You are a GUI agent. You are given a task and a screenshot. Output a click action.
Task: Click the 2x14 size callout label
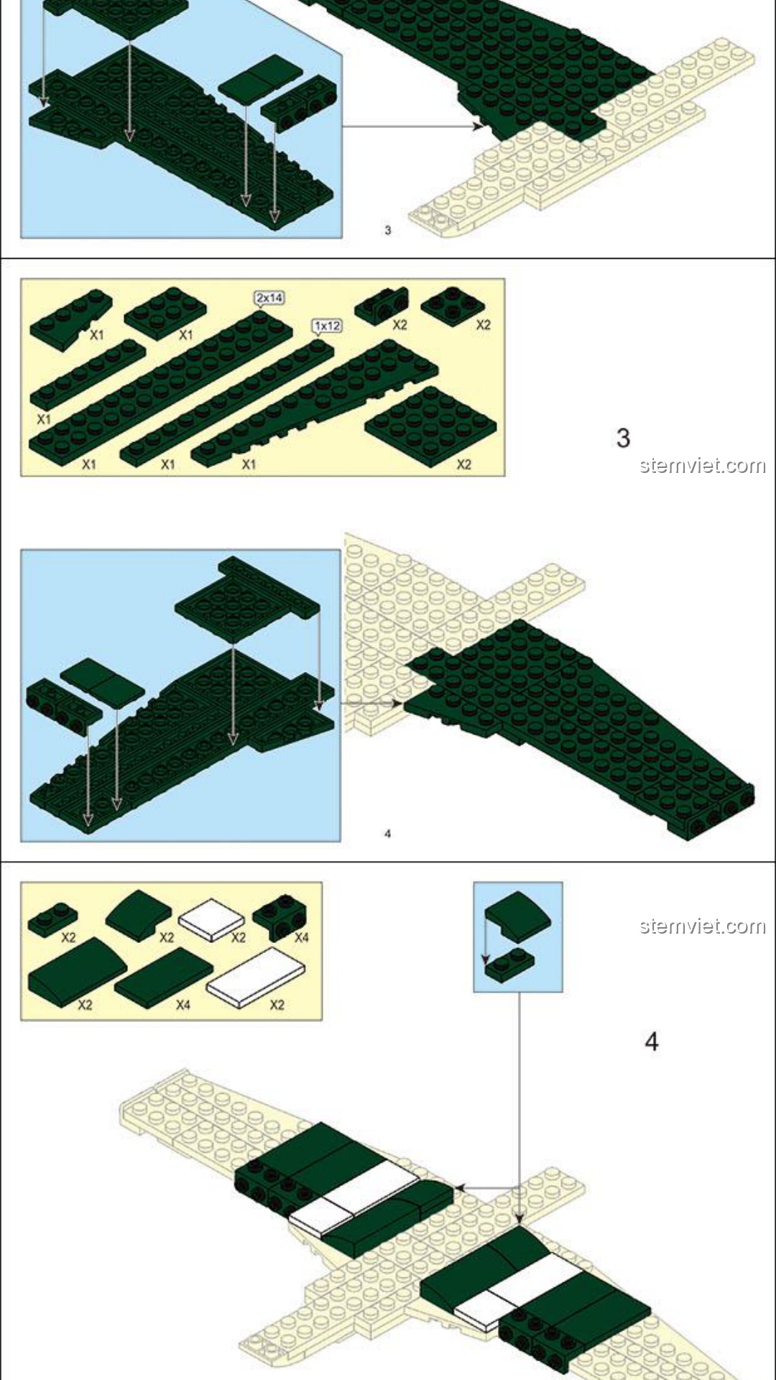269,297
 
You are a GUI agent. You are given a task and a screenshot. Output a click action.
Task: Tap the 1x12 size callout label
327,326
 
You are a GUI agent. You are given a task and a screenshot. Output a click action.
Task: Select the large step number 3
623,438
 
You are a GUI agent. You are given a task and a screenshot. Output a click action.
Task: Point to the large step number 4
652,1041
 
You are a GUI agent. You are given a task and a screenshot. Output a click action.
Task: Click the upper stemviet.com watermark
703,466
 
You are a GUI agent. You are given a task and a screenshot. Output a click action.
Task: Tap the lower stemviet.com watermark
703,926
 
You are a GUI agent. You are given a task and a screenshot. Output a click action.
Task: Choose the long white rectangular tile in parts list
257,976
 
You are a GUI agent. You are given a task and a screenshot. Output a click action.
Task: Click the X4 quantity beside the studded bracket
302,937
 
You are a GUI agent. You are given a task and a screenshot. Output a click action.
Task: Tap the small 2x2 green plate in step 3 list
453,305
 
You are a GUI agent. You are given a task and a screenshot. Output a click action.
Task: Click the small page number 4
388,834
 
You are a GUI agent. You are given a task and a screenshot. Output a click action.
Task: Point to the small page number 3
388,230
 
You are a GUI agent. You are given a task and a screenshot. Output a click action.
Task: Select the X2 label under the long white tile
277,1004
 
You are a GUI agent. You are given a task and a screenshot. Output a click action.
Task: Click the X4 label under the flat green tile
183,1004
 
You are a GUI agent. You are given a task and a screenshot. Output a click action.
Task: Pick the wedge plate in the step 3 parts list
315,403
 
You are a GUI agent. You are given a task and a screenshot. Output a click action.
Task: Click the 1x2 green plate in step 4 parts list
52,919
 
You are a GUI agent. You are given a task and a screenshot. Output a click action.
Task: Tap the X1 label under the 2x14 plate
88,464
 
